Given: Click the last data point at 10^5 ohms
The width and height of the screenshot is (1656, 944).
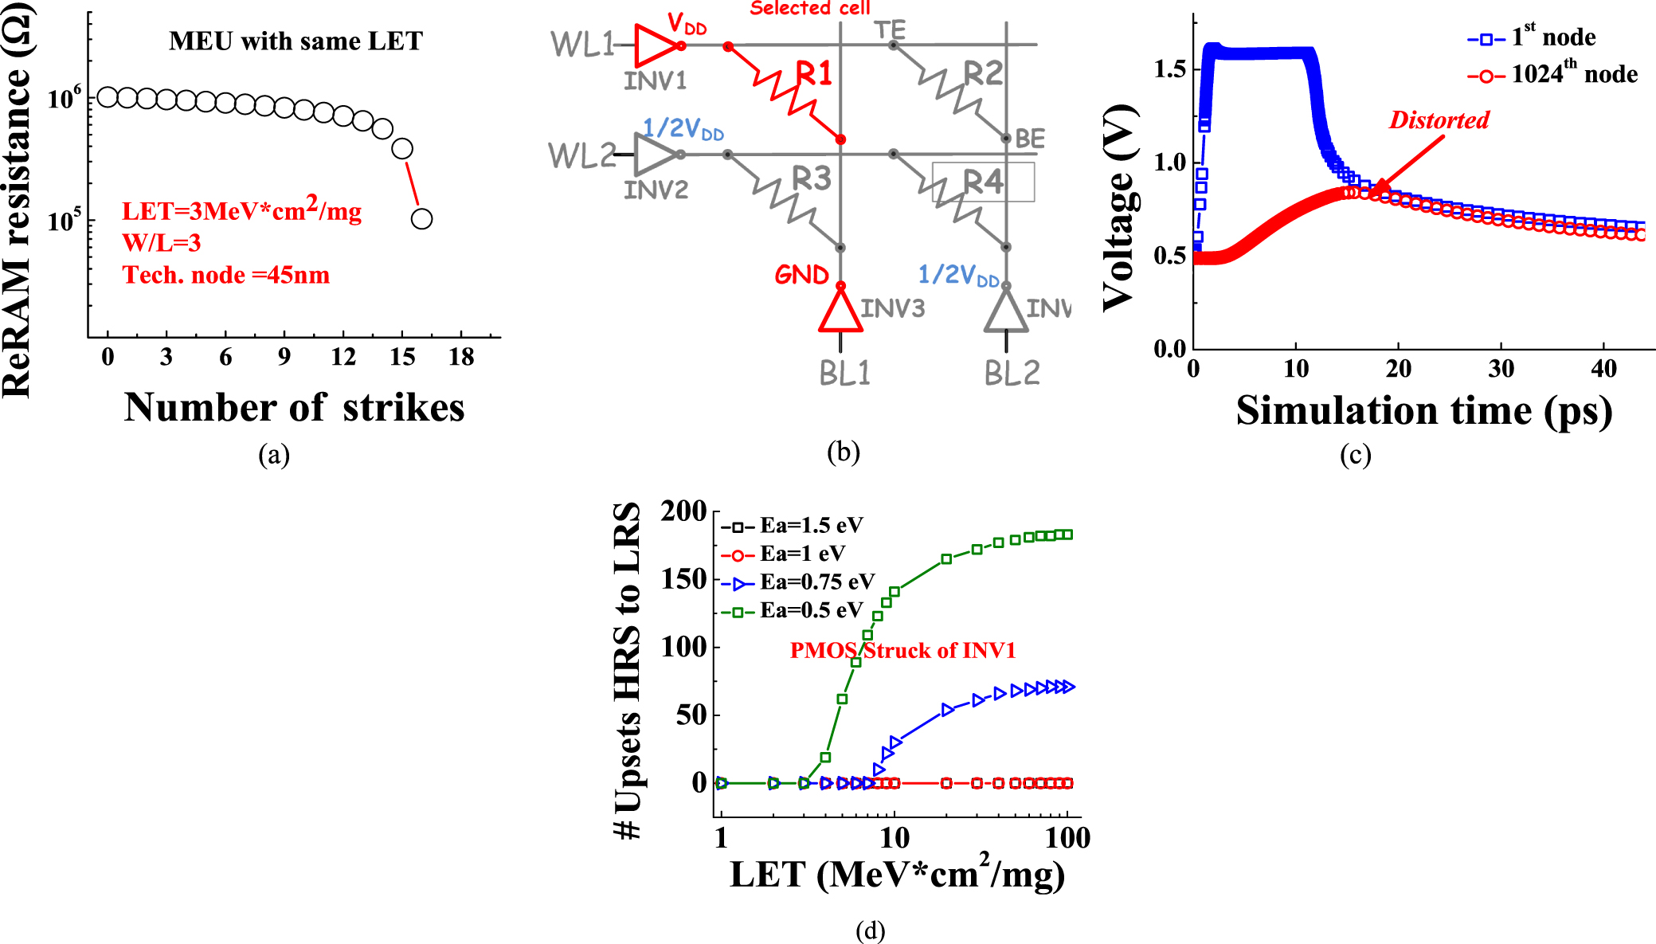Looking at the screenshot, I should pyautogui.click(x=421, y=218).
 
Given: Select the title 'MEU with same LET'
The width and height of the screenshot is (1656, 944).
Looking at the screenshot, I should pyautogui.click(x=296, y=41).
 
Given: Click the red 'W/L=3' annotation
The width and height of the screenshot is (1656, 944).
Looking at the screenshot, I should pyautogui.click(x=161, y=243).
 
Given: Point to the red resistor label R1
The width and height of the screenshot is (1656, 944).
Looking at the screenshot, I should pyautogui.click(x=814, y=73).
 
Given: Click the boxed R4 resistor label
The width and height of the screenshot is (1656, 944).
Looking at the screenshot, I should pyautogui.click(x=983, y=182).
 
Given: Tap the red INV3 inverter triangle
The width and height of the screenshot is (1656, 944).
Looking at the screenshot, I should pyautogui.click(x=840, y=311).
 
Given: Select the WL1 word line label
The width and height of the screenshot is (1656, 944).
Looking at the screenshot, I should pyautogui.click(x=582, y=45).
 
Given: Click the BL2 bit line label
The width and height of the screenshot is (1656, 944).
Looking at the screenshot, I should pyautogui.click(x=1012, y=373).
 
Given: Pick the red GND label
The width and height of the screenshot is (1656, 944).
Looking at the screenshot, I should pyautogui.click(x=801, y=275).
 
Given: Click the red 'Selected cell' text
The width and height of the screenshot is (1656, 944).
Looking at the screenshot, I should pyautogui.click(x=809, y=9).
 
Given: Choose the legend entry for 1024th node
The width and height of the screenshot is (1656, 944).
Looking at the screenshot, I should pyautogui.click(x=1552, y=75).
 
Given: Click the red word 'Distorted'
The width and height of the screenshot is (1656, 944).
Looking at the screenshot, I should pyautogui.click(x=1439, y=120).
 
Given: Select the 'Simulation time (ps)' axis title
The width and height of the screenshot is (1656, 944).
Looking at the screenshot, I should pyautogui.click(x=1423, y=410).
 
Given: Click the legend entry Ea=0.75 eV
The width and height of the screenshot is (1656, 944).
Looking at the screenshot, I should pyautogui.click(x=799, y=582).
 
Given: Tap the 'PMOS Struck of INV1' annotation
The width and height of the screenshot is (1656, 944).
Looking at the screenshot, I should pyautogui.click(x=902, y=651).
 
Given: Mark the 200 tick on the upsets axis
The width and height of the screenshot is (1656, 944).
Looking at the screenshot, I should pyautogui.click(x=683, y=511).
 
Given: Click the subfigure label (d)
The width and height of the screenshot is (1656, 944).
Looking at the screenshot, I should pyautogui.click(x=870, y=930).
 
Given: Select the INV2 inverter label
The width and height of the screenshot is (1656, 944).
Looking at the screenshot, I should pyautogui.click(x=655, y=190).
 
